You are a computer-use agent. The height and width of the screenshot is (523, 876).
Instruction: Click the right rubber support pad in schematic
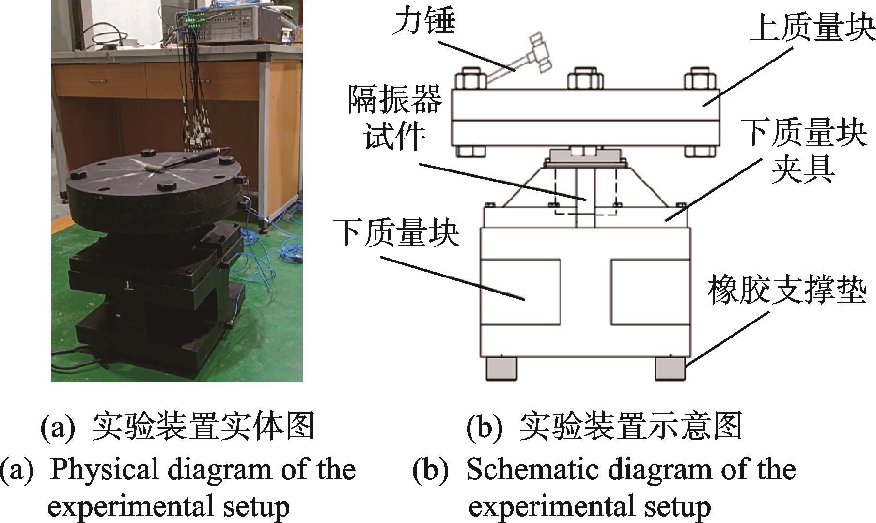[x=671, y=368]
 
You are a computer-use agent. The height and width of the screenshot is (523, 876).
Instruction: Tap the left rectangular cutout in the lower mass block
[x=520, y=292]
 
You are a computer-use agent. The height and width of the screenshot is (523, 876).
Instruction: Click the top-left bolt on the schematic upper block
[x=471, y=78]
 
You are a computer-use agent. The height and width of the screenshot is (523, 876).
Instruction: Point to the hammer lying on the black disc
[x=187, y=160]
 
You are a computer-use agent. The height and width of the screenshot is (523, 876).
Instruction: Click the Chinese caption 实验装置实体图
[x=203, y=427]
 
